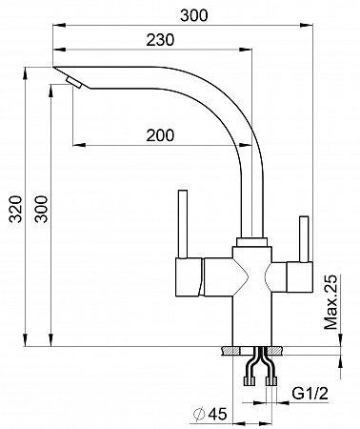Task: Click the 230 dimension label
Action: (x=160, y=40)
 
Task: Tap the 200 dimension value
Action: (x=160, y=135)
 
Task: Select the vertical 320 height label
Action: (x=15, y=209)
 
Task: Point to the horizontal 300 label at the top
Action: (x=194, y=15)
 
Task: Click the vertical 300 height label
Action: (x=41, y=209)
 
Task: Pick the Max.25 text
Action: (x=330, y=302)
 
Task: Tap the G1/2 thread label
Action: (x=310, y=394)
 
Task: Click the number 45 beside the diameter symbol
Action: (x=218, y=414)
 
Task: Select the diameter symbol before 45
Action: (x=199, y=414)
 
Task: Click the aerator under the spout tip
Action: (x=74, y=82)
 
